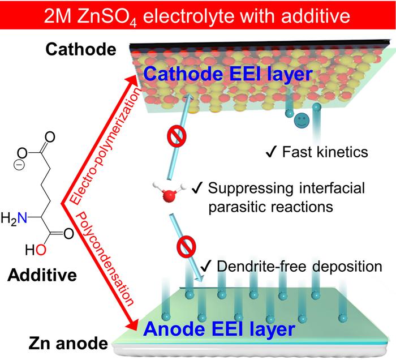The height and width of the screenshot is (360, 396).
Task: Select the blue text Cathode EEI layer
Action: point(224,75)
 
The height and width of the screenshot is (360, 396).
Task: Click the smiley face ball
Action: point(302,121)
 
